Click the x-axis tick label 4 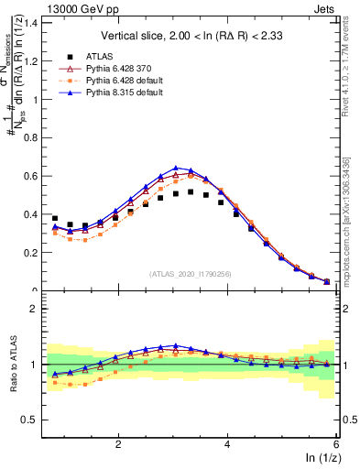227,443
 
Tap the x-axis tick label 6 336,443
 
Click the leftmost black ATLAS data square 55,219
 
